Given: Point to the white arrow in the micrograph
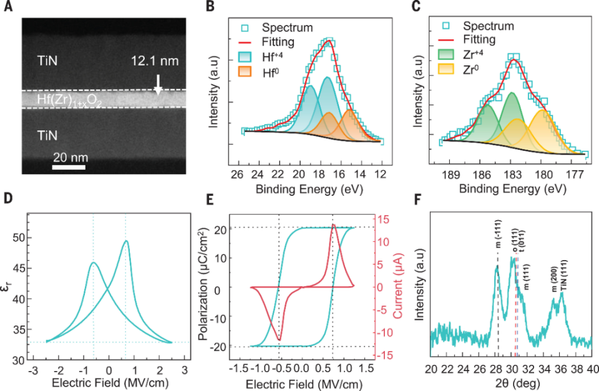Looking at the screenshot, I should (x=158, y=84).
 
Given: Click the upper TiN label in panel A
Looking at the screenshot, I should (x=51, y=60).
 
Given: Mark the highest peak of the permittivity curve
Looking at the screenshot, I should (x=126, y=241).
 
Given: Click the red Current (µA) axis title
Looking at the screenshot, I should (x=387, y=287).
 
